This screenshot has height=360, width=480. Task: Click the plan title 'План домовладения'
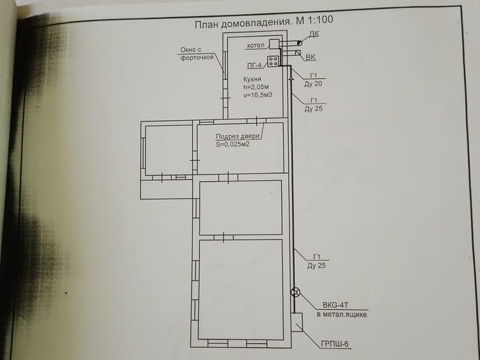tap(243, 23)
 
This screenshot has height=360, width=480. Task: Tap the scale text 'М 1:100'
tap(314, 20)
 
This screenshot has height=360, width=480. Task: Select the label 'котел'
tap(255, 45)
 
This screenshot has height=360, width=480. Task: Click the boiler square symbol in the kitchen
tap(274, 44)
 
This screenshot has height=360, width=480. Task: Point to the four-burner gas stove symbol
tap(273, 61)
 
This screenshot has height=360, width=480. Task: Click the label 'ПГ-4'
tap(254, 65)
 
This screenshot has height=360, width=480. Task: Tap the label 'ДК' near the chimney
tap(314, 34)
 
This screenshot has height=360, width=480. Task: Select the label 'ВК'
tap(310, 57)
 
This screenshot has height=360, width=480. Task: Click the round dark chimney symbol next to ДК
tap(300, 43)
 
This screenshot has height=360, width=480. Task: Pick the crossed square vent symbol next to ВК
tap(298, 53)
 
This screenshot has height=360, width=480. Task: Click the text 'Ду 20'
tap(313, 84)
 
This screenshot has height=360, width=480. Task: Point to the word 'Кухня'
tap(252, 79)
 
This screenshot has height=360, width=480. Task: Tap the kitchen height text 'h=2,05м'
tap(256, 87)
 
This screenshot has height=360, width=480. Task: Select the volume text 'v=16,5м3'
tap(258, 95)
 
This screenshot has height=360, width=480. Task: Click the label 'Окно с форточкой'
tap(196, 54)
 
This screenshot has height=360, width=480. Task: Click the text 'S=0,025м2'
tap(233, 145)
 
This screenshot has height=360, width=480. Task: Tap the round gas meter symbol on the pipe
tap(295, 292)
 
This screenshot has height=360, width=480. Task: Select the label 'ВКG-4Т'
tap(335, 305)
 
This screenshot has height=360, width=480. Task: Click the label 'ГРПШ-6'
tap(335, 344)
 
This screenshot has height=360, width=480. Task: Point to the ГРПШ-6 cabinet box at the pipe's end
tap(296, 322)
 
